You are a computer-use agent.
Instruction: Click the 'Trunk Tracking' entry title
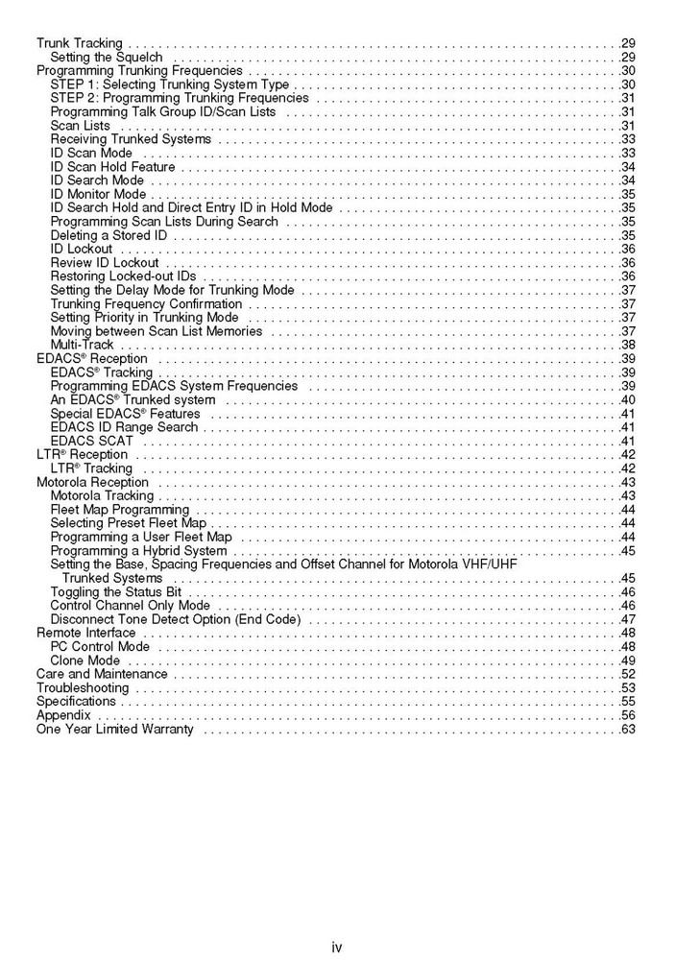80,43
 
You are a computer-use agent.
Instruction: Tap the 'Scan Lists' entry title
80,126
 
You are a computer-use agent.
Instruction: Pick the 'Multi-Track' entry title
82,345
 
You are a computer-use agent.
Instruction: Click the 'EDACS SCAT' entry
91,441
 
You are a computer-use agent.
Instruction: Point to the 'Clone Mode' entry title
85,660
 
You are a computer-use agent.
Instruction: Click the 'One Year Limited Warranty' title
114,730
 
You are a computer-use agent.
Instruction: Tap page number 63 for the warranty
629,730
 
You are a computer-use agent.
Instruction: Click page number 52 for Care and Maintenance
629,675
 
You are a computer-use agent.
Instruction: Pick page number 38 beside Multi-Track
629,345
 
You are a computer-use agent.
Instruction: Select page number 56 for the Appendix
629,715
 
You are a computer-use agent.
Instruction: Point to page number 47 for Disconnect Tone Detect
629,619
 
